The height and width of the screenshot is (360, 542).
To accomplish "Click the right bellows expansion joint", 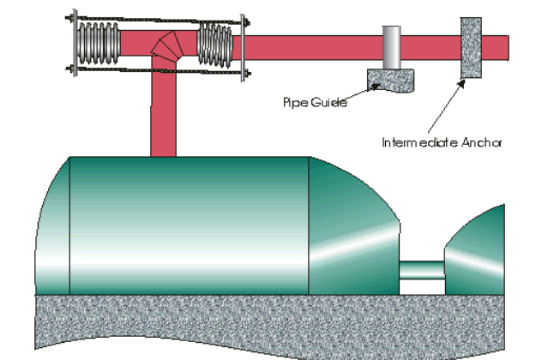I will (x=214, y=45).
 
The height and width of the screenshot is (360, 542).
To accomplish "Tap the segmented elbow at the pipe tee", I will (x=163, y=46).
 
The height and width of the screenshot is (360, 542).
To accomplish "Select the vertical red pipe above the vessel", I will (x=163, y=111).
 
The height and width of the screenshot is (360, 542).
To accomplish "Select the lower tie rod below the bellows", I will (x=154, y=70).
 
